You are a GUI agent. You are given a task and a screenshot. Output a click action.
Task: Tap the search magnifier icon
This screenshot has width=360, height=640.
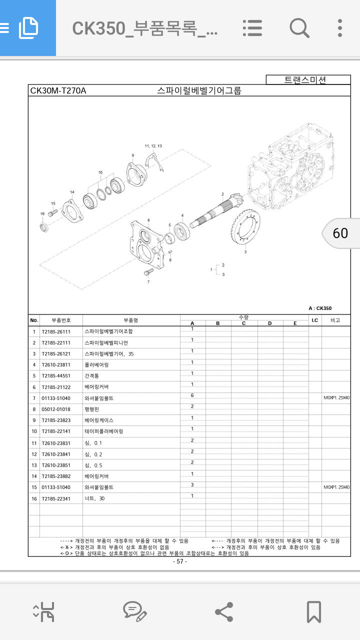[299, 27]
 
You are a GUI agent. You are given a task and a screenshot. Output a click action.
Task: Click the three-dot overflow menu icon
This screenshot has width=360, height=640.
[340, 27]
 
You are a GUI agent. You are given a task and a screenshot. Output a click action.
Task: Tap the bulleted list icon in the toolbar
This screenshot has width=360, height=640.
[252, 27]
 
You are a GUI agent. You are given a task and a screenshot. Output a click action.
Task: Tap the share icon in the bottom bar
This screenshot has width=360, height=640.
[223, 611]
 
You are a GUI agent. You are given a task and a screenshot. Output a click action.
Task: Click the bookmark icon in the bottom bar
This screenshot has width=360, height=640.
[313, 611]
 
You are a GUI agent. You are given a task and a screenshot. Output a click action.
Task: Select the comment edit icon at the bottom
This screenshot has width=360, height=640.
[134, 611]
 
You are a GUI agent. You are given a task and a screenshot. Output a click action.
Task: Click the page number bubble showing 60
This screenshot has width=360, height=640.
[340, 233]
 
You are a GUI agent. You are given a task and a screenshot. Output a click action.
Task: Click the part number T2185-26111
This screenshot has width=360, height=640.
[56, 331]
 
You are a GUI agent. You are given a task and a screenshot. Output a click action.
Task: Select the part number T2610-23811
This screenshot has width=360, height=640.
[56, 365]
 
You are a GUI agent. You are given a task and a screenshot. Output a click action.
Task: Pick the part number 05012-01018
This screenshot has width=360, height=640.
[56, 409]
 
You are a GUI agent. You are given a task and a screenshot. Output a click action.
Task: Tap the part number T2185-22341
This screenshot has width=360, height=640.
[56, 498]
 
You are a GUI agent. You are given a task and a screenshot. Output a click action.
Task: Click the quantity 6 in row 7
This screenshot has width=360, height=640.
[192, 396]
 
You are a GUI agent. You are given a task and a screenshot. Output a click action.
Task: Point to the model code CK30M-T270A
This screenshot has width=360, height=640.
[58, 90]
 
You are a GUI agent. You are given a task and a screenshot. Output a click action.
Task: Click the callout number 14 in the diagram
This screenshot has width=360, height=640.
[72, 192]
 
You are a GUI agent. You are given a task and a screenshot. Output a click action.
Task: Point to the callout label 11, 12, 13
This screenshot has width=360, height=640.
[153, 146]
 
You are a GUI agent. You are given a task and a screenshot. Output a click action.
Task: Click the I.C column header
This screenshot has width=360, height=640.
[314, 320]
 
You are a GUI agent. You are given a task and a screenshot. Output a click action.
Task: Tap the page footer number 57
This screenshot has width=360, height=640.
[180, 561]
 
